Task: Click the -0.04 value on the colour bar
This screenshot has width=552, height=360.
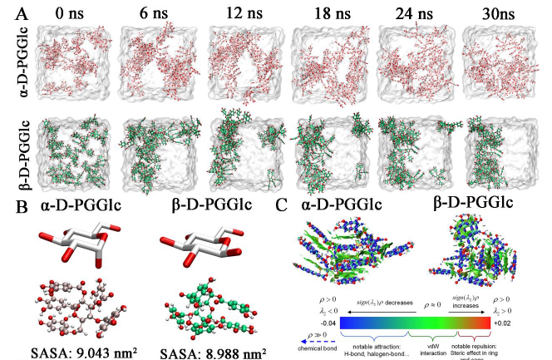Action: point(306,321)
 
